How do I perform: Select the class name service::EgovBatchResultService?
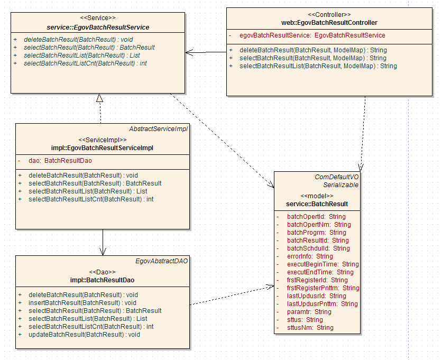click(98, 27)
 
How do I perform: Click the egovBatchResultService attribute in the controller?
click(312, 35)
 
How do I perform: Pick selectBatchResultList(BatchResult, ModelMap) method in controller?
click(318, 66)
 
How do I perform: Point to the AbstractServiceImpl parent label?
click(159, 128)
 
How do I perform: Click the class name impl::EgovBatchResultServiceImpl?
click(103, 148)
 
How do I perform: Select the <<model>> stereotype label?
click(317, 196)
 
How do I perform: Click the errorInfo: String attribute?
click(310, 256)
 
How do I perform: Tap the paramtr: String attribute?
click(309, 312)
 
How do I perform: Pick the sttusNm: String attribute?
click(310, 328)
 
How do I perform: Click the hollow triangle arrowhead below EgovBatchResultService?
click(99, 98)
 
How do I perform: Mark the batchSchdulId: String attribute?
click(318, 248)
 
